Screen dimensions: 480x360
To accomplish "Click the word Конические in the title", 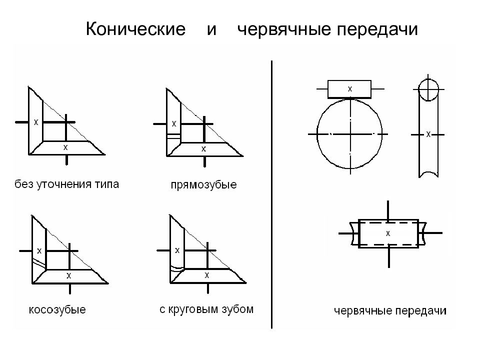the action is click(x=135, y=29).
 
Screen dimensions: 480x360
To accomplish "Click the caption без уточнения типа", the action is click(x=66, y=184).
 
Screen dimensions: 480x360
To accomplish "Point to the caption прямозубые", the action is click(x=203, y=185).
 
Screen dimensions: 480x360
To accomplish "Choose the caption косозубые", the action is click(x=57, y=310).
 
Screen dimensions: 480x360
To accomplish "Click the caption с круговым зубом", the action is click(x=206, y=309).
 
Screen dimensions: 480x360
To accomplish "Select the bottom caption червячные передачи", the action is click(x=390, y=311).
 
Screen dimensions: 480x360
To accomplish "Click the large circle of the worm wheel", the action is click(x=317, y=134).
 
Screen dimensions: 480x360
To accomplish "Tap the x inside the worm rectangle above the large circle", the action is click(x=350, y=89).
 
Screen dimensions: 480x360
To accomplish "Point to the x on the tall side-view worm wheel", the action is click(x=428, y=134).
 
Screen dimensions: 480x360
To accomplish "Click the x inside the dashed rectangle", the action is click(x=388, y=233).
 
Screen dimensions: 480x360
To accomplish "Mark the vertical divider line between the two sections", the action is click(x=271, y=194).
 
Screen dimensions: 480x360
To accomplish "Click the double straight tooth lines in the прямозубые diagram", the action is click(x=174, y=136).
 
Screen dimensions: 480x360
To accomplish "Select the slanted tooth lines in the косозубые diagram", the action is click(x=39, y=262).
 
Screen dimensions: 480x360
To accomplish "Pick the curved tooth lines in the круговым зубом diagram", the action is click(x=177, y=268).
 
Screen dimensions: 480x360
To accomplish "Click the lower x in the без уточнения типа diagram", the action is click(x=65, y=147).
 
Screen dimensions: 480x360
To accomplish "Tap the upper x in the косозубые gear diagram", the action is click(x=39, y=251).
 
